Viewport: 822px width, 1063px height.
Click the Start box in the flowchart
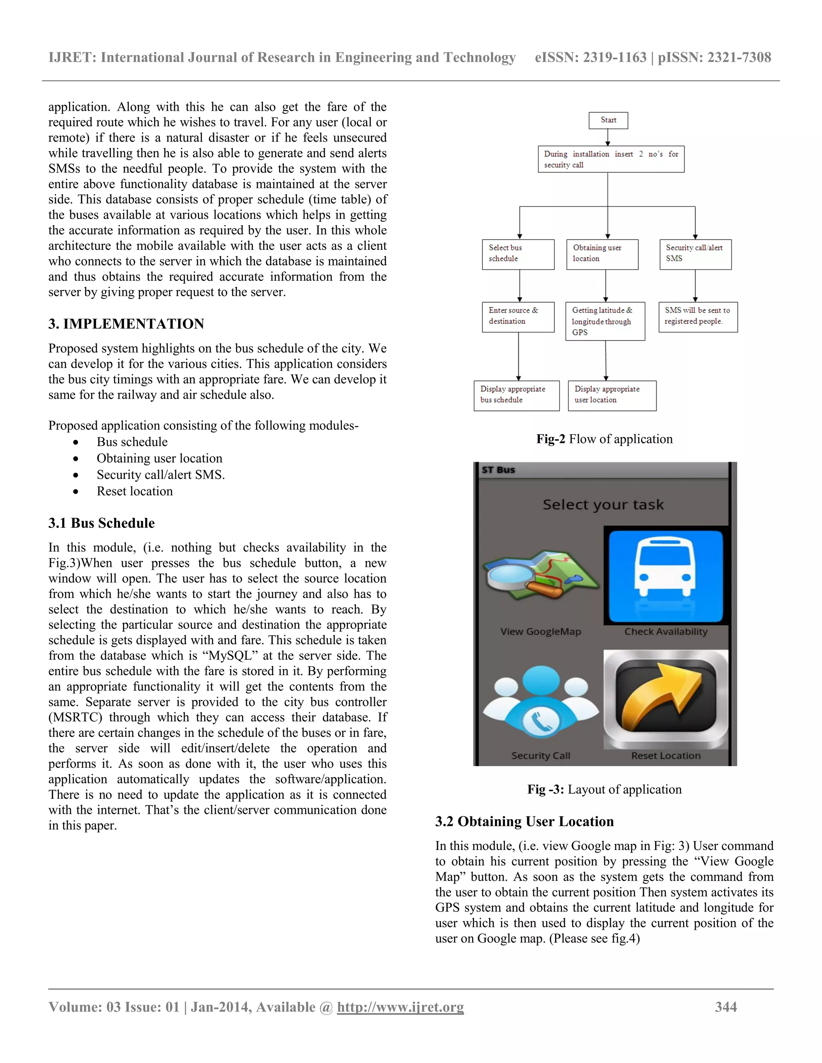[608, 120]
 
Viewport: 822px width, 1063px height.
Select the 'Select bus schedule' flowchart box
[518, 254]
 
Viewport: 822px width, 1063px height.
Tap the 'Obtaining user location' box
[602, 254]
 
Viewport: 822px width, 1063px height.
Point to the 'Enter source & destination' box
[518, 316]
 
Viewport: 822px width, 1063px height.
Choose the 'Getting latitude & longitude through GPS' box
[605, 321]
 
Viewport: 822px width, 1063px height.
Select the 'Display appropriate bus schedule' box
[516, 395]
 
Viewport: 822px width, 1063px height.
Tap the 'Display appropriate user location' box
[612, 395]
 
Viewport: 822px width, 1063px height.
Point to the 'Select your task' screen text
[603, 505]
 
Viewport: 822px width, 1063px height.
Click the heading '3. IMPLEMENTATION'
[126, 324]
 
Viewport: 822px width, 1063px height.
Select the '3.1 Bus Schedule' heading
[101, 523]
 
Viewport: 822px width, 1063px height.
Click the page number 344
[726, 1006]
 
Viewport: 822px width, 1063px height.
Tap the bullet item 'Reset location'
[134, 491]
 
